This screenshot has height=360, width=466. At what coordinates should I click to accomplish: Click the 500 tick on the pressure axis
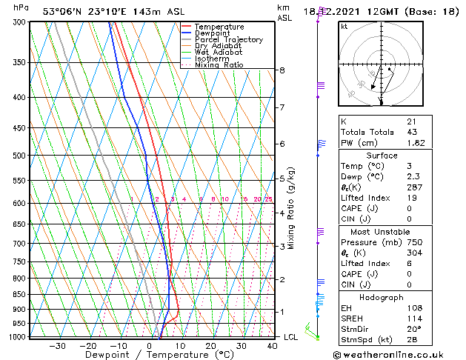pyautogui.click(x=19, y=156)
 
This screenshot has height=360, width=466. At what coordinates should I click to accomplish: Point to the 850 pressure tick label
pyautogui.click(x=19, y=294)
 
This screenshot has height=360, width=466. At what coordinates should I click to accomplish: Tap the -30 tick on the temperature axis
pyautogui.click(x=57, y=345)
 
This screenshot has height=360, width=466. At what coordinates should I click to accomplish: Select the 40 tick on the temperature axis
pyautogui.click(x=273, y=345)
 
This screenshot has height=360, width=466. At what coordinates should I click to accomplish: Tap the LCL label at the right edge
pyautogui.click(x=292, y=337)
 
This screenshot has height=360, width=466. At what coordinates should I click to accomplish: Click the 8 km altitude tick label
pyautogui.click(x=282, y=70)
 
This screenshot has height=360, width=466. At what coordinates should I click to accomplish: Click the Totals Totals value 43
pyautogui.click(x=411, y=131)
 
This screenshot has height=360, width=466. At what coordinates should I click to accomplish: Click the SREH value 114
pyautogui.click(x=413, y=319)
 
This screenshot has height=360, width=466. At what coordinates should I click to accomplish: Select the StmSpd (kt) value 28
pyautogui.click(x=411, y=339)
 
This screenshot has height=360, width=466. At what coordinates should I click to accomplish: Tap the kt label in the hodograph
pyautogui.click(x=344, y=27)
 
